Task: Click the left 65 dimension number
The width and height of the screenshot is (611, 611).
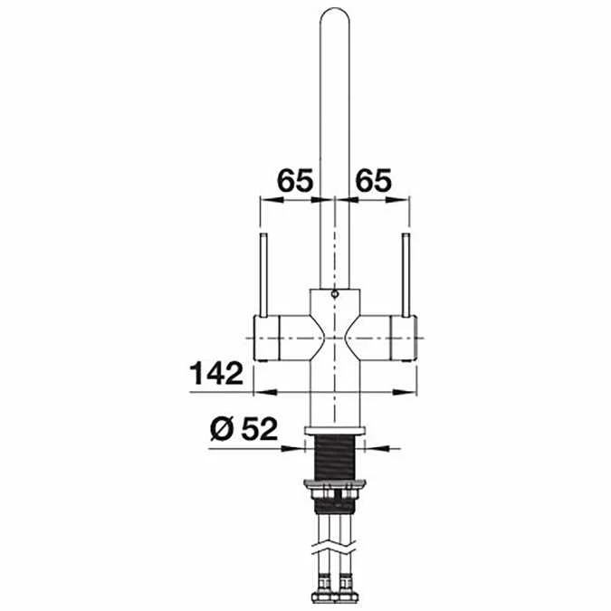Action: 294,179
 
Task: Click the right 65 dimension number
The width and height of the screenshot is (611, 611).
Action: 373,179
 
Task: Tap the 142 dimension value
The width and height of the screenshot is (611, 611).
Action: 216,372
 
